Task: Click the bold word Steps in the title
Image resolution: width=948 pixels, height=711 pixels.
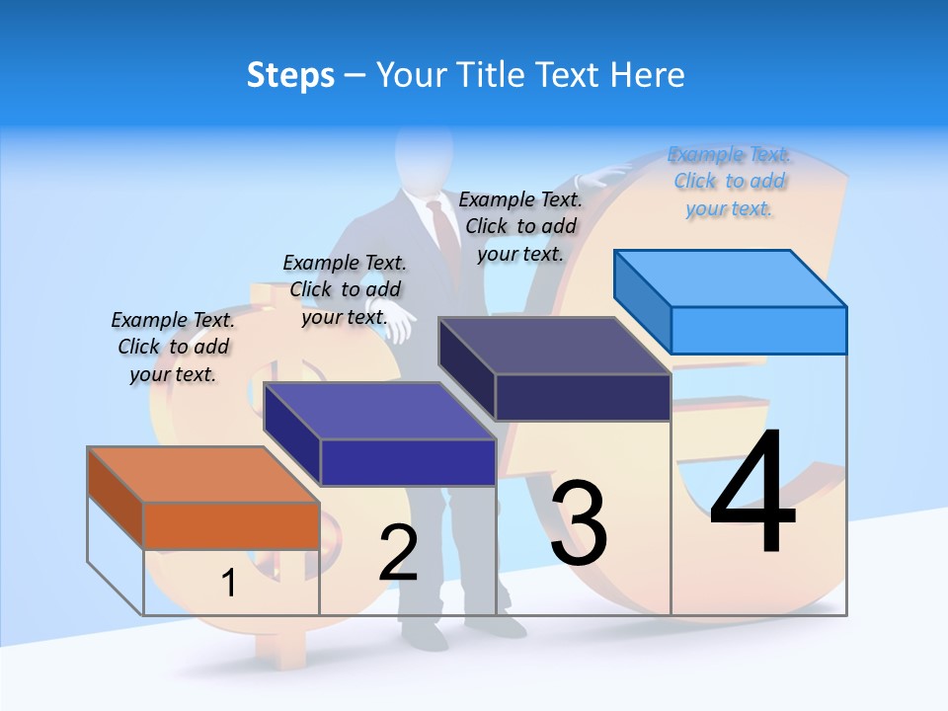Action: coord(290,75)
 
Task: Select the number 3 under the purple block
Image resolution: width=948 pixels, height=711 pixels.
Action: coord(579,523)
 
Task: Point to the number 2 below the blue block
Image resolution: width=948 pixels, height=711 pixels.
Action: coord(398,553)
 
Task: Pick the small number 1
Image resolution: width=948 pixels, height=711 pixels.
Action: coord(228,584)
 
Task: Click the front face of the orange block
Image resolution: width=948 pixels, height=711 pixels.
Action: coord(231,525)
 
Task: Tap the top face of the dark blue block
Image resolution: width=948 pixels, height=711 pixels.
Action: coord(379,410)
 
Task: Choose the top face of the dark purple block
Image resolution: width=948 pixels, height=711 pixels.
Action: coord(554,346)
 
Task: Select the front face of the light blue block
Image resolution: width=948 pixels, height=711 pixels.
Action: coord(758,330)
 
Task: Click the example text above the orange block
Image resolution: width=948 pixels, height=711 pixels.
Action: coord(173,347)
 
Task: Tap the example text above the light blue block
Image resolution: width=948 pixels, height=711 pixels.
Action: coord(729,181)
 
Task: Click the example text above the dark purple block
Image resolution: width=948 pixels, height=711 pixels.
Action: coord(520,226)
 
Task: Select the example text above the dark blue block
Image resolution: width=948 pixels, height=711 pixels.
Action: coord(345,289)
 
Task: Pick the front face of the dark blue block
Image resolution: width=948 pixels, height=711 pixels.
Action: coord(408,462)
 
